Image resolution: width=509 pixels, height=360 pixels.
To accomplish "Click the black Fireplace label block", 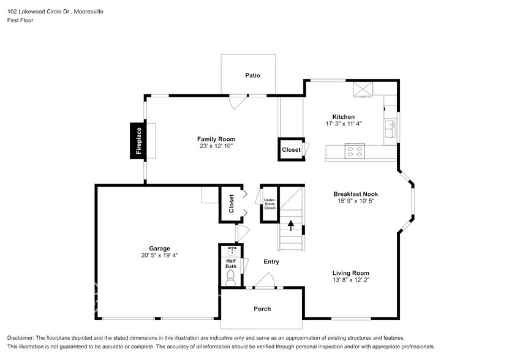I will pos(138,141).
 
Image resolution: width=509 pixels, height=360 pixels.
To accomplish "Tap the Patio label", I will pos(252,75).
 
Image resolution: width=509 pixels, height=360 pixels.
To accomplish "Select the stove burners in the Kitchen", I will pos(354,151).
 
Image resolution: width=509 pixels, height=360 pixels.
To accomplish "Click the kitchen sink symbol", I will pos(390,129).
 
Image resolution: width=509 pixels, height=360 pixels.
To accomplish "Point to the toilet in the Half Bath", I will pos(231,279).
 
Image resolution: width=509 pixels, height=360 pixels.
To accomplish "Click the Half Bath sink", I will pos(232,252).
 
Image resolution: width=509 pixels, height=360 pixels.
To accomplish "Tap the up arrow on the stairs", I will pos(290,225).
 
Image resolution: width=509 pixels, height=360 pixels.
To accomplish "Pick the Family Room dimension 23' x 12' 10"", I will pos(216,146).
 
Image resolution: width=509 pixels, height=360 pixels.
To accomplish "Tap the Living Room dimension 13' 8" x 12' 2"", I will pos(351,280).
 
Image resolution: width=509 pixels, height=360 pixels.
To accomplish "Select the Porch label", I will pos(262,309).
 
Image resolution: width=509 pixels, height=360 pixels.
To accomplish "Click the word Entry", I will pos(271,261).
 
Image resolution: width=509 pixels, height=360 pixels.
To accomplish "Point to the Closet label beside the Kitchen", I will pos(291,150).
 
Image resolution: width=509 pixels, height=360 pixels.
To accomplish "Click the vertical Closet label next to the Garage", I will pos(231,203).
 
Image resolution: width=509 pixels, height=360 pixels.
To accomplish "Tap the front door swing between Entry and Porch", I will pos(265,281).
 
